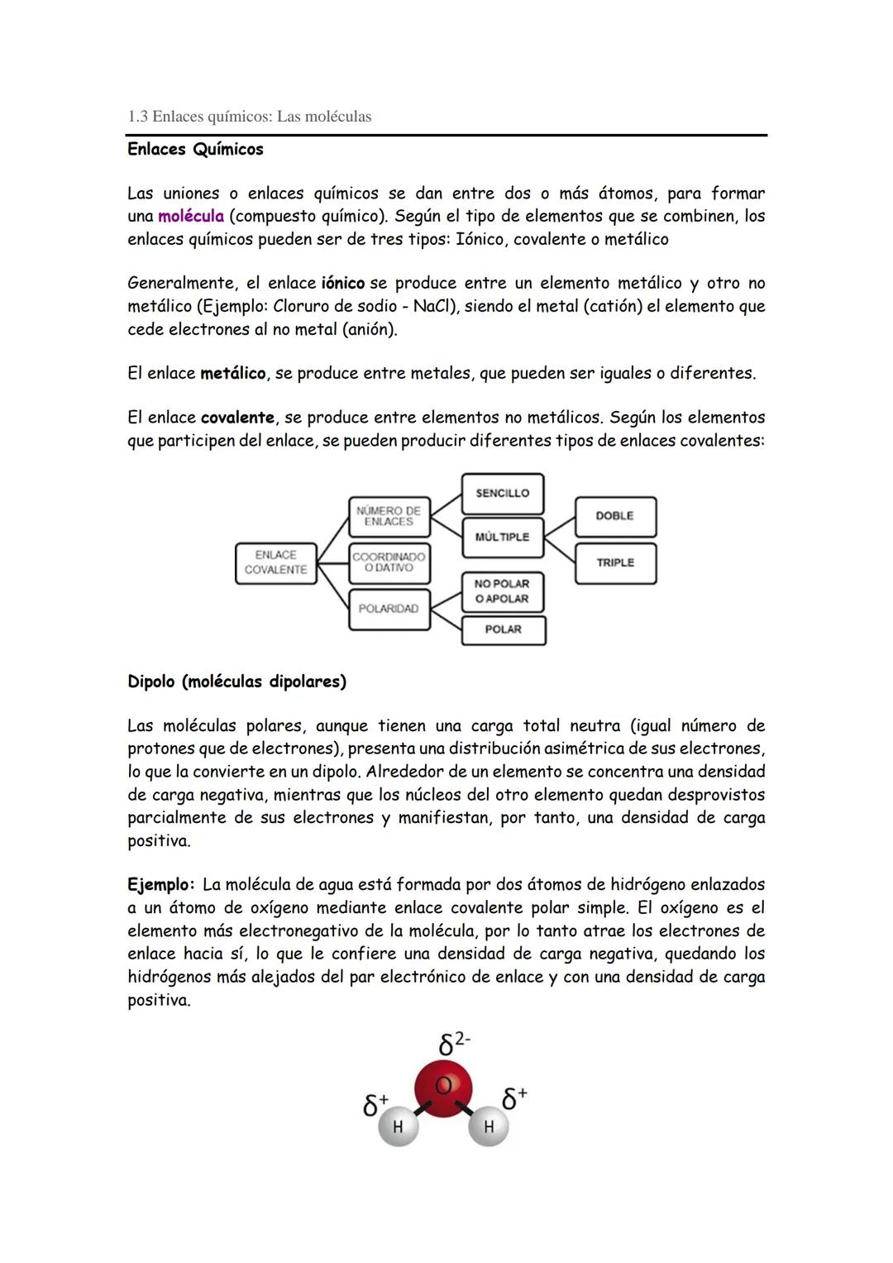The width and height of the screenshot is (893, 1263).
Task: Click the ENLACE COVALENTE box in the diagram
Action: (x=275, y=562)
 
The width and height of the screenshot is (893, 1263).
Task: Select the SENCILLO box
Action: (x=502, y=493)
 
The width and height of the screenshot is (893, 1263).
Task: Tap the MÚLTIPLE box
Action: (x=502, y=537)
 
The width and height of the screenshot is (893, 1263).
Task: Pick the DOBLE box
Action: (x=614, y=516)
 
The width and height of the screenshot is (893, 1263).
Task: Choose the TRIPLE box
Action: (x=614, y=562)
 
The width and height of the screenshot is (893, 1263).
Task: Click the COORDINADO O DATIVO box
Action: (x=389, y=562)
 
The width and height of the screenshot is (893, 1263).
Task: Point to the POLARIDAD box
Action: (x=389, y=609)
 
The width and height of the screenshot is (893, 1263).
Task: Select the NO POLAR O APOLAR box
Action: (x=502, y=591)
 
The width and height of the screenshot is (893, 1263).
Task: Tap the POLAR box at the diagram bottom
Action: (x=503, y=629)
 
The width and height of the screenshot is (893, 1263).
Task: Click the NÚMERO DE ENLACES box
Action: (x=389, y=516)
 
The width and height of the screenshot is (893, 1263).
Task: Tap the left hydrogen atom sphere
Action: (x=398, y=1127)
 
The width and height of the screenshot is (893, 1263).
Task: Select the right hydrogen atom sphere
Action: (x=488, y=1127)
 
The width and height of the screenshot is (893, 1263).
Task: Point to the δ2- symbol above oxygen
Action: (x=453, y=1044)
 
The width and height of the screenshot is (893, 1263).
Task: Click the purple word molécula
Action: (x=190, y=217)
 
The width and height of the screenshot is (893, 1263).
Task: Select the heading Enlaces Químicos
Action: (x=195, y=150)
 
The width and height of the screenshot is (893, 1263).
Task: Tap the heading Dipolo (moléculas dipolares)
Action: (x=236, y=682)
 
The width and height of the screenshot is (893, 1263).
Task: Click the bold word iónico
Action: (x=342, y=284)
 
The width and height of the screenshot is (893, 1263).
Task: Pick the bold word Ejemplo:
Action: (x=160, y=885)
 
